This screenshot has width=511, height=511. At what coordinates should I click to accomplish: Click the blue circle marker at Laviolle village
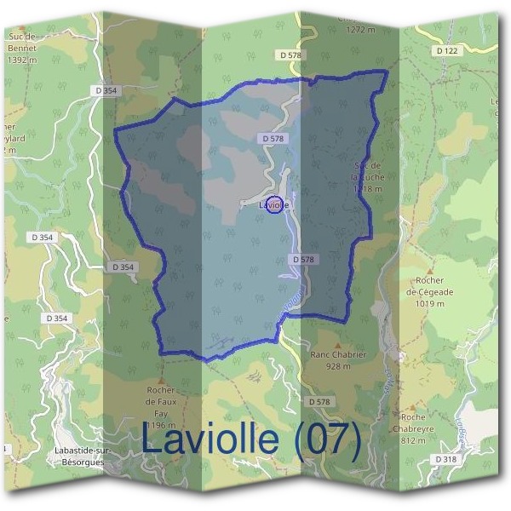pos(273,204)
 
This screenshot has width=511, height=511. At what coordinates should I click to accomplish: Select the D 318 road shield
pos(444,459)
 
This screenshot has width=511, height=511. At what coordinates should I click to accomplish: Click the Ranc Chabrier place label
pos(332,355)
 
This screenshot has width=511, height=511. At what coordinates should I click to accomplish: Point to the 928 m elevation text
pos(332,366)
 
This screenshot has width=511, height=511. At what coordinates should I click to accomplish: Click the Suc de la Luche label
pos(369,170)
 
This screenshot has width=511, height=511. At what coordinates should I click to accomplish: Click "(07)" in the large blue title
pos(324,439)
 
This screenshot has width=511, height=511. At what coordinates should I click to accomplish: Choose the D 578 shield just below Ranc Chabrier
pos(319,401)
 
